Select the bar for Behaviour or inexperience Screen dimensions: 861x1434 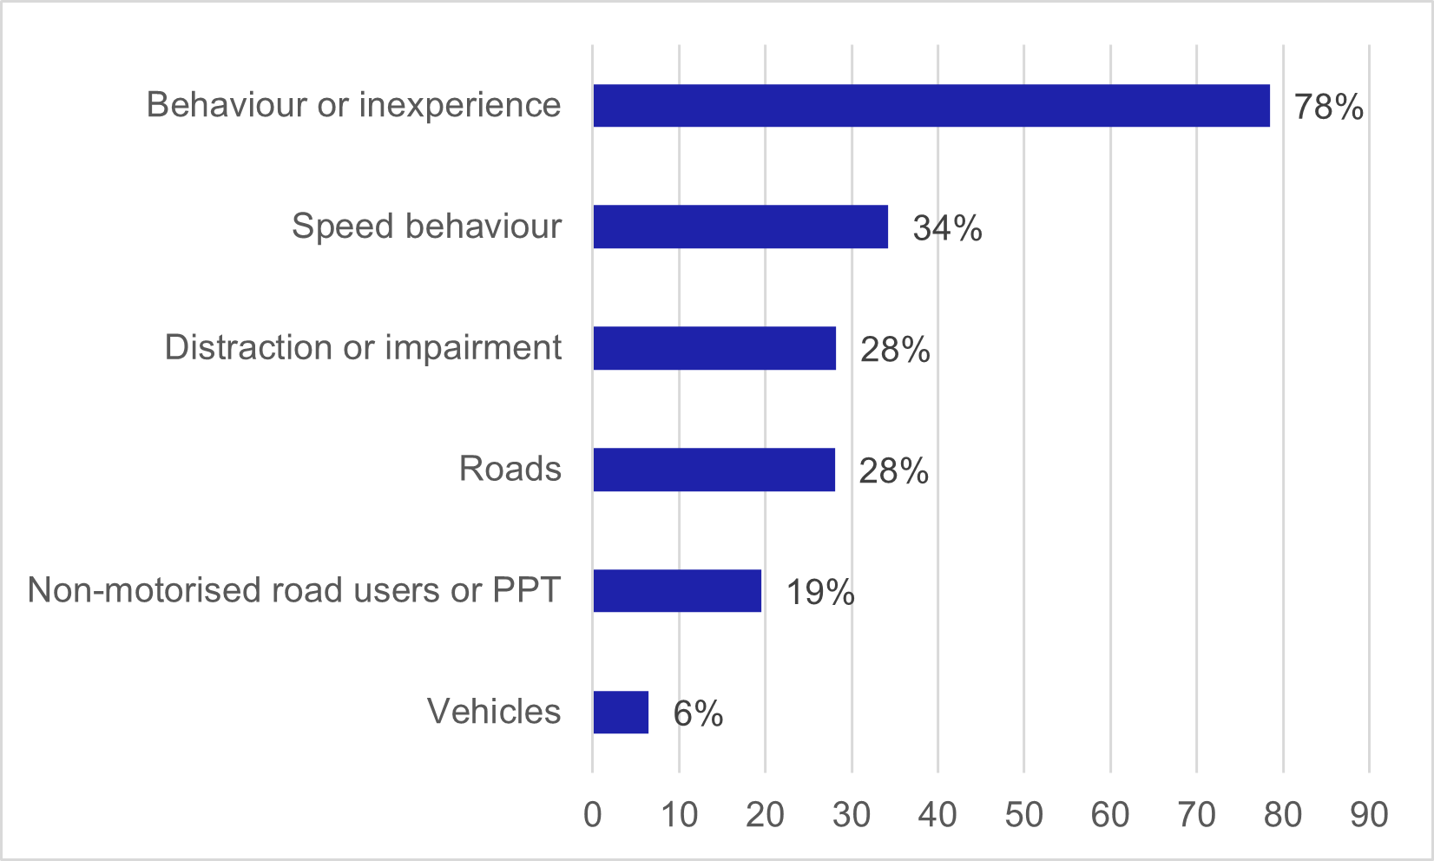pos(931,106)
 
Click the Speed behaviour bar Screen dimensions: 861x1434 pos(740,227)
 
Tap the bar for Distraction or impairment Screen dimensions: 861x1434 pos(714,348)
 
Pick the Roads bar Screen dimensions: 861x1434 pos(714,470)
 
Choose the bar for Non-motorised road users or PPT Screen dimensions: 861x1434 pos(677,591)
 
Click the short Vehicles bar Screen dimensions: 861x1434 pos(621,713)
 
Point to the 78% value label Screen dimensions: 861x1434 pos(1328,107)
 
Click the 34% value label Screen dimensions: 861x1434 pos(947,228)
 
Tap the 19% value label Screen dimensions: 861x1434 pos(820,593)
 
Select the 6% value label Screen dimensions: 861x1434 pos(698,714)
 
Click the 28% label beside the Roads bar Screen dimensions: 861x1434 pos(893,471)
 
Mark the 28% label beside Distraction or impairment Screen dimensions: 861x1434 pos(895,350)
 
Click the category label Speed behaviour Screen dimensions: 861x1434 pos(426,227)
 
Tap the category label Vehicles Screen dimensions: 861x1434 pos(494,712)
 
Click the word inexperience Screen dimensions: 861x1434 pos(460,105)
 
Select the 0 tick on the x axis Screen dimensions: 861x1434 pos(593,815)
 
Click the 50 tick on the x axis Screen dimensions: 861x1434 pos(1024,815)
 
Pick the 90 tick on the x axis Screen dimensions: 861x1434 pos(1369,815)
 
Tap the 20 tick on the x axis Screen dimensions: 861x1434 pos(765,815)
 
